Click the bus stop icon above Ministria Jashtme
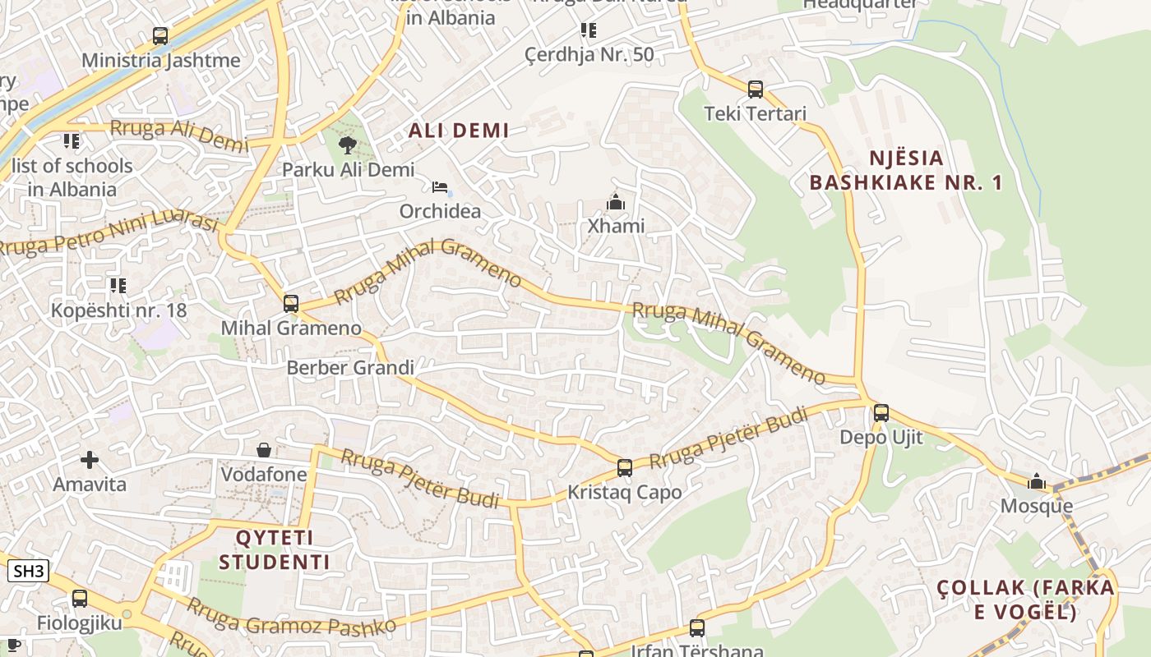(160, 36)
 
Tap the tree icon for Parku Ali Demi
(348, 145)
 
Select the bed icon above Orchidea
(440, 187)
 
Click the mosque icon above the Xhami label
(615, 201)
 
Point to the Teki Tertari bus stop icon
(756, 90)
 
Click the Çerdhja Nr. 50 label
(589, 55)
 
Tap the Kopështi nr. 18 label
(119, 310)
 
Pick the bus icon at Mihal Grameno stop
(290, 303)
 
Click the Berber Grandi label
(350, 367)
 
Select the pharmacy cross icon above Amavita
(90, 460)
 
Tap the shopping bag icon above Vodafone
(264, 450)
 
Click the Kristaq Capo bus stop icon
(625, 468)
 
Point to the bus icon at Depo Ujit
(881, 413)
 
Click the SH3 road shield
(29, 571)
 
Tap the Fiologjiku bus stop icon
(79, 599)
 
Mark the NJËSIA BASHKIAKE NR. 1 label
(906, 170)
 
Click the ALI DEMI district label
(459, 130)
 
